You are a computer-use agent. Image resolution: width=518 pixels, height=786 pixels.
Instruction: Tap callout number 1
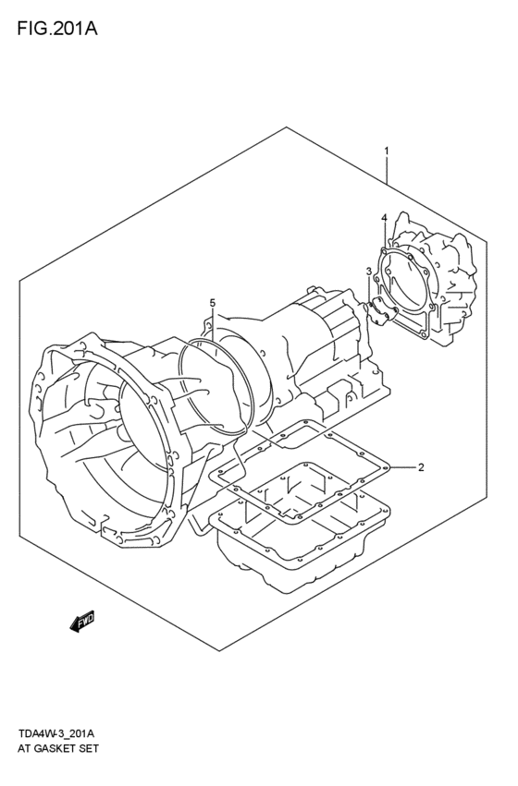(387, 151)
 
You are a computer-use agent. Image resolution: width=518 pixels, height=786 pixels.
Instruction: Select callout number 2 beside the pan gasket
(420, 467)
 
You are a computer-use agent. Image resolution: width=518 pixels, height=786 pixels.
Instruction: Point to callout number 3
(368, 271)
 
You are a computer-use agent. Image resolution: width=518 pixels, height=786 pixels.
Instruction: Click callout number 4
(382, 218)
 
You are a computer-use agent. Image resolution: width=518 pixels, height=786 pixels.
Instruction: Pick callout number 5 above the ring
(212, 303)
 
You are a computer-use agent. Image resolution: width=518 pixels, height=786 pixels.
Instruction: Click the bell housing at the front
(102, 434)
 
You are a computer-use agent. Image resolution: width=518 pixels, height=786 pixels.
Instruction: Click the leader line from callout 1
(388, 175)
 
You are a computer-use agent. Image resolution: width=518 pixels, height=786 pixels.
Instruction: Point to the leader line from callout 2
(400, 467)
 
